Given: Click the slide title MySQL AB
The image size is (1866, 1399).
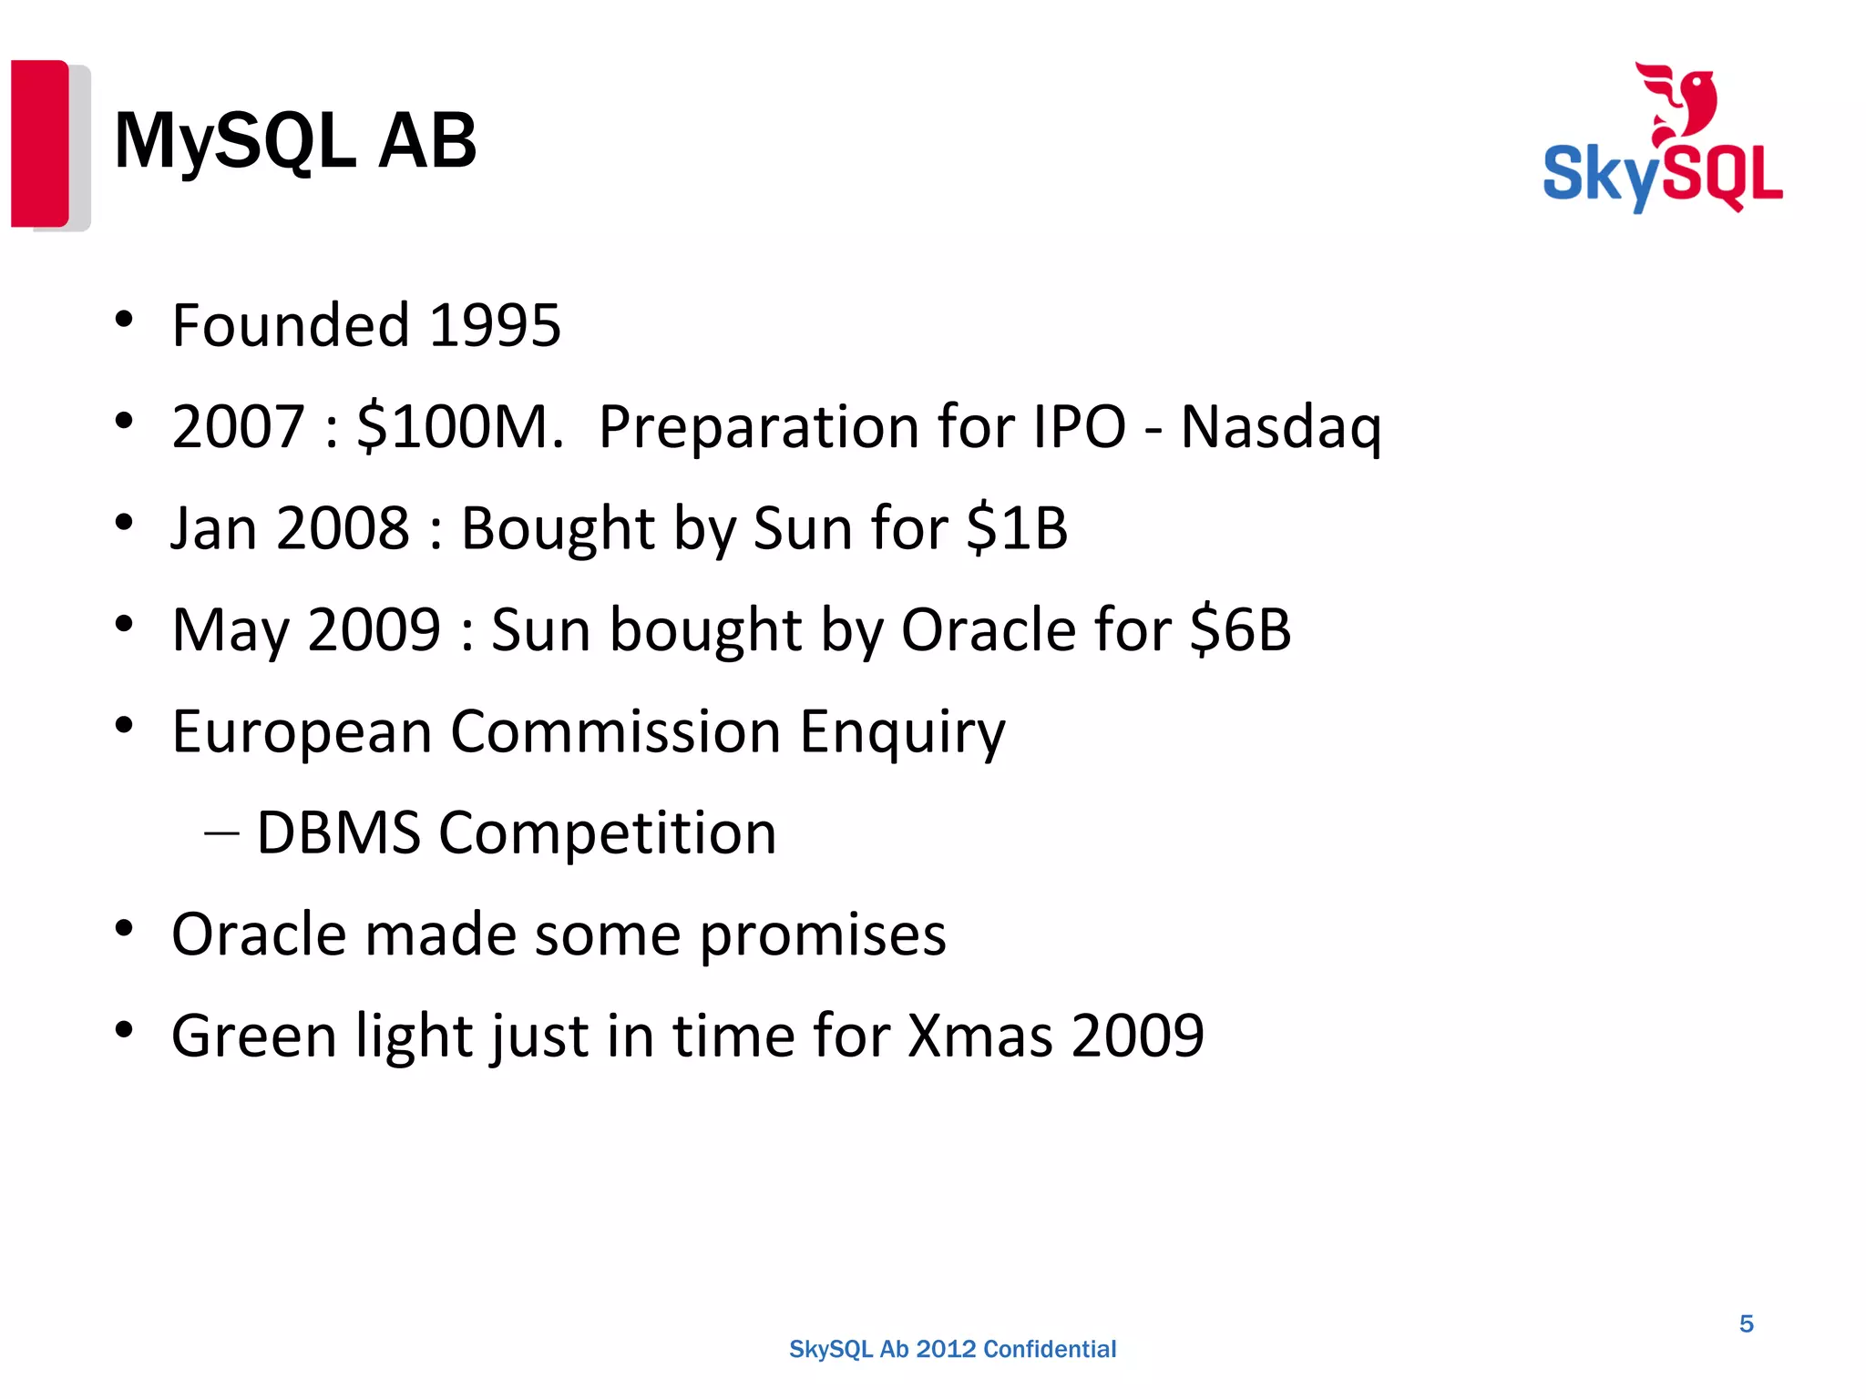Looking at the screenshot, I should (294, 141).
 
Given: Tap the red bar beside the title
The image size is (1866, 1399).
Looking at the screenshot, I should (39, 143).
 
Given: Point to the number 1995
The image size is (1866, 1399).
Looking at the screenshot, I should (494, 325).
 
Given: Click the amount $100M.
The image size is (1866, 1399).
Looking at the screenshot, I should (459, 427).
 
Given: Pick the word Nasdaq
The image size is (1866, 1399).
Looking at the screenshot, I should (1280, 427).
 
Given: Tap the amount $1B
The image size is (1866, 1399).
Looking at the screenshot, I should (1017, 528).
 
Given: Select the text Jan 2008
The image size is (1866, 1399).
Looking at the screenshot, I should (291, 528).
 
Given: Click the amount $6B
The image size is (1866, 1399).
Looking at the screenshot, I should (1240, 629).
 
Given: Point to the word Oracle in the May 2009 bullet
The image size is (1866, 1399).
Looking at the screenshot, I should (989, 629).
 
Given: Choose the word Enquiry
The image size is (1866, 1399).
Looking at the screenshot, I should (902, 732).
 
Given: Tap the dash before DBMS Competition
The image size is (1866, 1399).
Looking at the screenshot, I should (221, 832).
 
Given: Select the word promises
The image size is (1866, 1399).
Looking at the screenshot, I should (823, 935).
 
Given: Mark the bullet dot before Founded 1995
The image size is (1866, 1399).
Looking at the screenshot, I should (125, 320).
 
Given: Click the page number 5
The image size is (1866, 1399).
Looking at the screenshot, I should (1746, 1323).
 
